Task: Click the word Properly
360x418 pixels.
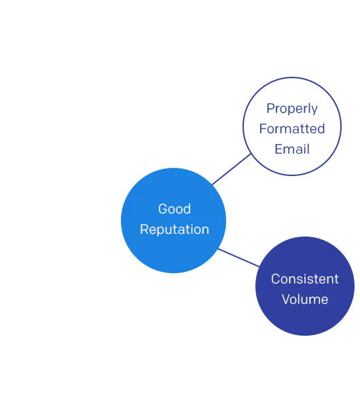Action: pyautogui.click(x=292, y=109)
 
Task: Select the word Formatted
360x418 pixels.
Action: pyautogui.click(x=292, y=128)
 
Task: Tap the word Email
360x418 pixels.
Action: pyautogui.click(x=292, y=149)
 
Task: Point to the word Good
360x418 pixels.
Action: pyautogui.click(x=175, y=209)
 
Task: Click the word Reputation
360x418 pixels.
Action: pyautogui.click(x=175, y=230)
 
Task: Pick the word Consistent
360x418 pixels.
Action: pyautogui.click(x=305, y=279)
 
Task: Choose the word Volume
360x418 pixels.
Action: pyautogui.click(x=305, y=299)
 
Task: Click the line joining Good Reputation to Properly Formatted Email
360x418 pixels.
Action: pyautogui.click(x=232, y=169)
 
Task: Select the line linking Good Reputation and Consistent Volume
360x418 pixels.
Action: pyautogui.click(x=239, y=258)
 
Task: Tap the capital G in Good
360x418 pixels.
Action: pyautogui.click(x=163, y=209)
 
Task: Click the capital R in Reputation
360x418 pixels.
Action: pyautogui.click(x=144, y=230)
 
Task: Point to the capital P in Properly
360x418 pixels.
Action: pyautogui.click(x=271, y=109)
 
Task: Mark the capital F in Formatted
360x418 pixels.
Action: pyautogui.click(x=263, y=128)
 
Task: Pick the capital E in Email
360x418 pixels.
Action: pyautogui.click(x=278, y=149)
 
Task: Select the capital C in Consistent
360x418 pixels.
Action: pyautogui.click(x=276, y=279)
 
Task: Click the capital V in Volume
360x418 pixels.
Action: pyautogui.click(x=287, y=299)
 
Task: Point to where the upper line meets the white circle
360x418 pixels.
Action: pyautogui.click(x=251, y=154)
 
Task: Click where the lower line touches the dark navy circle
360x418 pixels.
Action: pyautogui.click(x=259, y=266)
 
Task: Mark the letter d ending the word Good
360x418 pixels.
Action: pyautogui.click(x=187, y=209)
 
